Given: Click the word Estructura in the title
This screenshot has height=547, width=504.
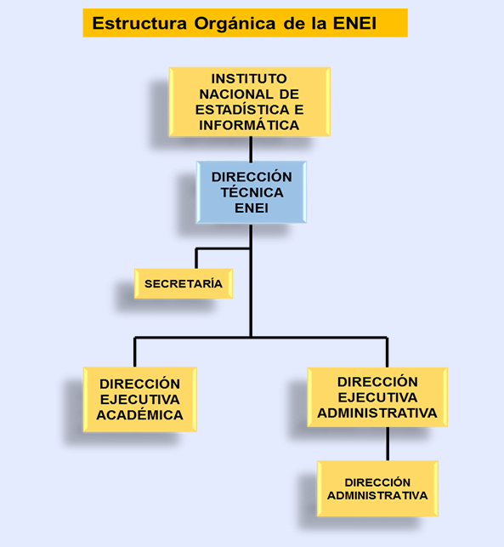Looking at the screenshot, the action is point(139,23).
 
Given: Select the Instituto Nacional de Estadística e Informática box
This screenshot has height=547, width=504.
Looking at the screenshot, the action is point(250,102).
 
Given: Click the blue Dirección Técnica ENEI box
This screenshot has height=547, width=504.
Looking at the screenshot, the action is point(252,192).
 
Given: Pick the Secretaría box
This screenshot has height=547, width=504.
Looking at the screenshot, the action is point(184,283).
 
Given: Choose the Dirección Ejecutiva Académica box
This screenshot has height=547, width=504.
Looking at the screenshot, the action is point(140,400).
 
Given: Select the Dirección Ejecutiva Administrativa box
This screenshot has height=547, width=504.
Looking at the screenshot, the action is point(377,397).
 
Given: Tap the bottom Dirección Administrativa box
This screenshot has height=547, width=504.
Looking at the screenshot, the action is point(377,488).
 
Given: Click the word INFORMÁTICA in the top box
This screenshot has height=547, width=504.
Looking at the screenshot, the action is point(249,125).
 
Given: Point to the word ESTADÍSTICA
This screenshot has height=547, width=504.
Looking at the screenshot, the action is point(242,110).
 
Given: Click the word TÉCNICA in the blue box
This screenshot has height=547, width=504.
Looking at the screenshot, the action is point(252,192).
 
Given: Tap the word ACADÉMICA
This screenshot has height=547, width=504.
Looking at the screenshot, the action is point(139,415).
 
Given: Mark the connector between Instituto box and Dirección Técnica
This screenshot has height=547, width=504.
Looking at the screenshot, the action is point(251,149).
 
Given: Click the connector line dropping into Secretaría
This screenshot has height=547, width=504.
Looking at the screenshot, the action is point(196,259).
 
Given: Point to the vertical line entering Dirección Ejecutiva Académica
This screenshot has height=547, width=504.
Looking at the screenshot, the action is point(135,352).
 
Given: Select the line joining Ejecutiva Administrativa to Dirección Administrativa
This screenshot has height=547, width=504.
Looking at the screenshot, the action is point(388,444).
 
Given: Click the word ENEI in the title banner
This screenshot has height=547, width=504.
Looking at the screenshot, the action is point(354,23).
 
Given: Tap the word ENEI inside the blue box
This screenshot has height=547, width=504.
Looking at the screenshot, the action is point(252,208).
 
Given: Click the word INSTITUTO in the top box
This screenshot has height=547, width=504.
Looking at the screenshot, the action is point(249,78).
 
